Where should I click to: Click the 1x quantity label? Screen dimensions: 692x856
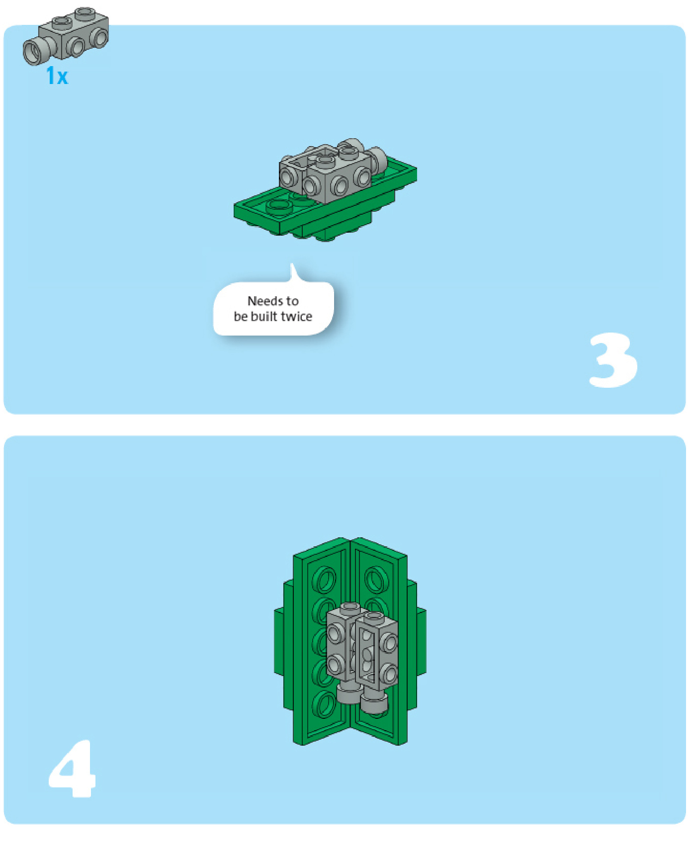click(57, 76)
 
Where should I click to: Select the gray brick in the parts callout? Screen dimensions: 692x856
click(66, 36)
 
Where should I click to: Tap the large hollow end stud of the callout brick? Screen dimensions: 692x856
click(34, 53)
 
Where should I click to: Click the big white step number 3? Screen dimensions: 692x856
click(613, 360)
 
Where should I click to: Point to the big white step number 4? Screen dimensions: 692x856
click(73, 769)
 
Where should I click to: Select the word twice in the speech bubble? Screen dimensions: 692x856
click(296, 317)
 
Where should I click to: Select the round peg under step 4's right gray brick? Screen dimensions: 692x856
click(374, 702)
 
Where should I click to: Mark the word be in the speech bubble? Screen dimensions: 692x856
click(241, 317)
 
